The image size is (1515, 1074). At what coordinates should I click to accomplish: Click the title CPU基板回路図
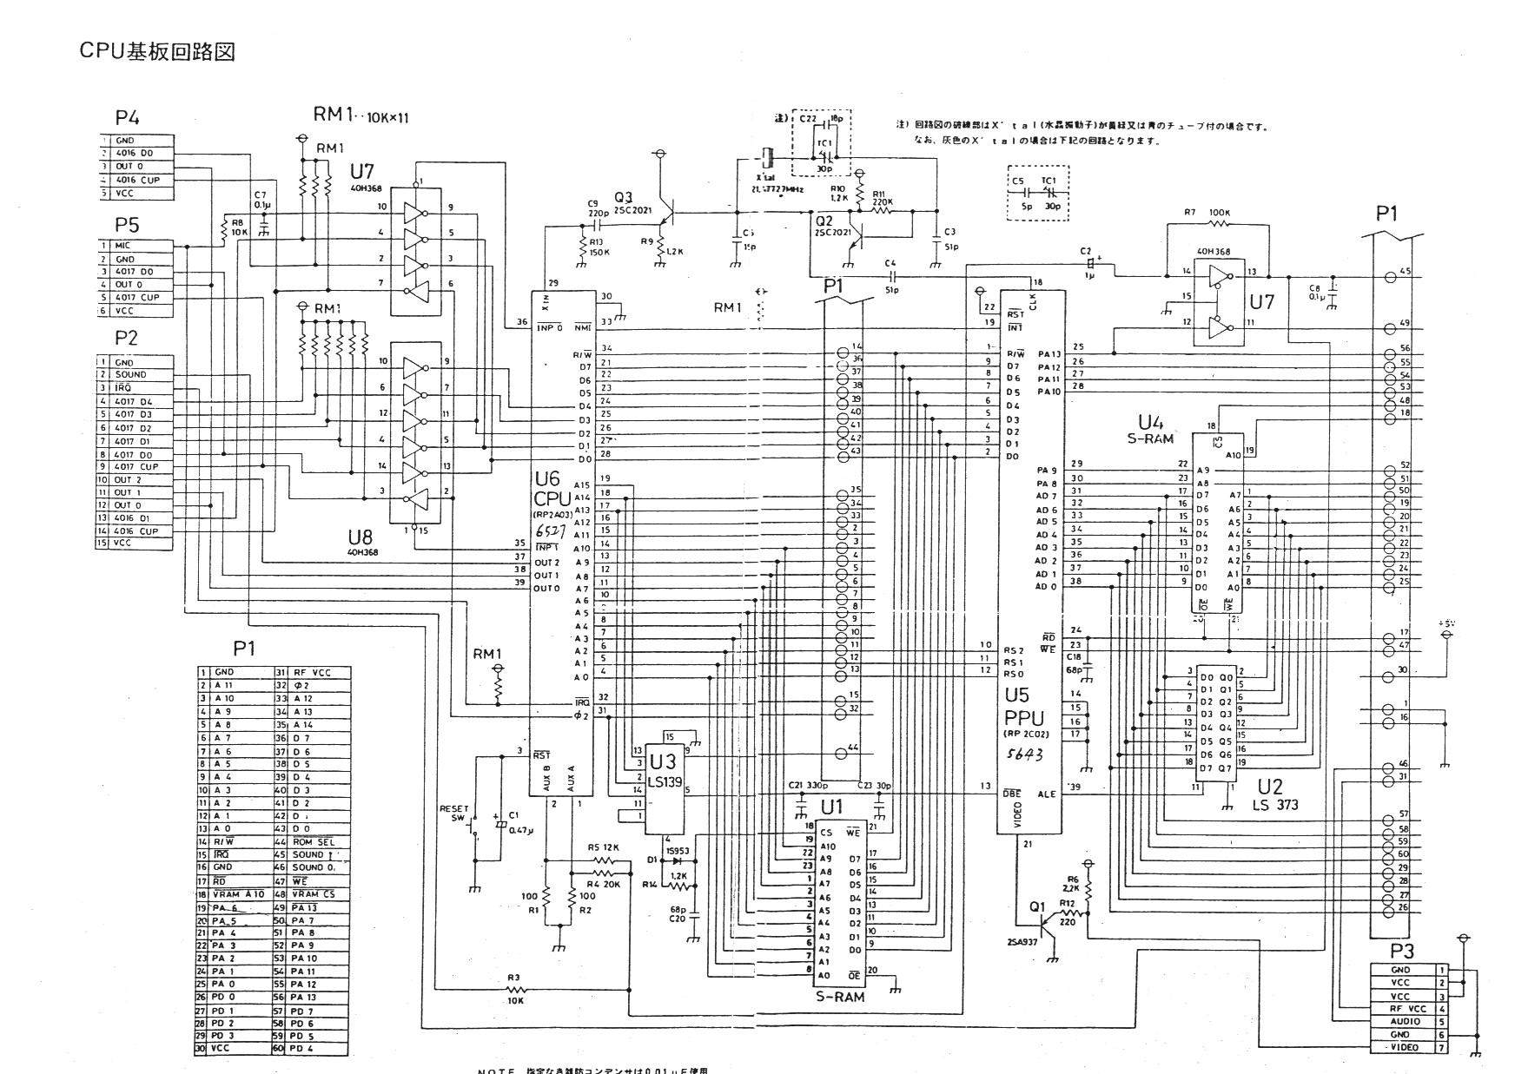tap(157, 52)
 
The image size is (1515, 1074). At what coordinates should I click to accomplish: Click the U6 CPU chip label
tap(552, 489)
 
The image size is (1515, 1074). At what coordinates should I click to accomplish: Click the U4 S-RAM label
tap(1150, 429)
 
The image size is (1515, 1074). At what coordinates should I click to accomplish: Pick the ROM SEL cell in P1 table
tap(314, 842)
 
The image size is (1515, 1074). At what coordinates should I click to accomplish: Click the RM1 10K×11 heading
tap(361, 115)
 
